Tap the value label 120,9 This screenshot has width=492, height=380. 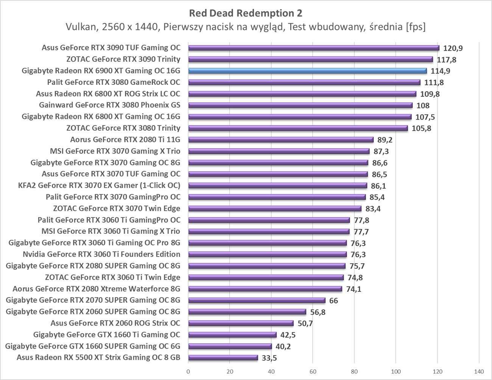point(453,48)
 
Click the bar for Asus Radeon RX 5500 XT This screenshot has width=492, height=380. point(223,358)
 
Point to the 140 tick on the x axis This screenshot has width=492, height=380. point(479,371)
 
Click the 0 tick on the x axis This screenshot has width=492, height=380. point(188,371)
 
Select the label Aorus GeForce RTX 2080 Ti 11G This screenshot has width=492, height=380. point(125,139)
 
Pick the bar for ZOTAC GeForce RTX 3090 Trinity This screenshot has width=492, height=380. point(310,59)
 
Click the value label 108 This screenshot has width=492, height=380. point(423,105)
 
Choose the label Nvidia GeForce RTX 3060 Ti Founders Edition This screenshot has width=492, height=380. point(101,254)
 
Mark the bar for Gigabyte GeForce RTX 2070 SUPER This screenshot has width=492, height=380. point(257,300)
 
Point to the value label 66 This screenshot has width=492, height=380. point(333,301)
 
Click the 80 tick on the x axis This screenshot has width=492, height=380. point(354,371)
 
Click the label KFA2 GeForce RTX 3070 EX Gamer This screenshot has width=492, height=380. point(99,185)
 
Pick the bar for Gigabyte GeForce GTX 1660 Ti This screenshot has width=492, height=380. point(232,335)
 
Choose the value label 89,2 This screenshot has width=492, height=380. point(385,140)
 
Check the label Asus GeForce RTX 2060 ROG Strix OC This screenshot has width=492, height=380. point(115,323)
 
